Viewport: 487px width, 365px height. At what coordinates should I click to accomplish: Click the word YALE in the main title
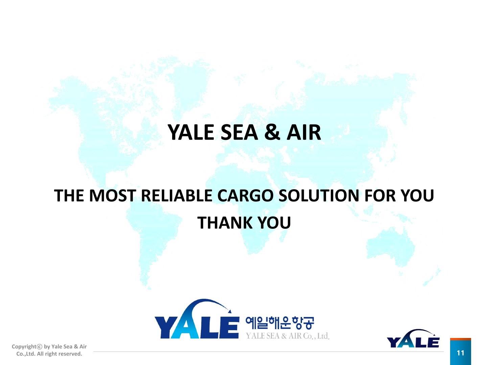point(191,132)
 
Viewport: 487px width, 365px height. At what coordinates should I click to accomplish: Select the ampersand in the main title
point(272,132)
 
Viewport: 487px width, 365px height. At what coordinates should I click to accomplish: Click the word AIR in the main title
point(304,132)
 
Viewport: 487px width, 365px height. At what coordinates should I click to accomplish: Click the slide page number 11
point(460,353)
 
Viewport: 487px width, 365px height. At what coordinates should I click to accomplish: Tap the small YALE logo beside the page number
point(413,339)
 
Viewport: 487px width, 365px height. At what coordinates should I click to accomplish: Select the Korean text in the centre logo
point(279,323)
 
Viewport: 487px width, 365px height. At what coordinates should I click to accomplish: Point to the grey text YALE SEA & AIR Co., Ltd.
point(287,336)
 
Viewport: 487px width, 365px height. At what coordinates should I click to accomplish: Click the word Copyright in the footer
point(24,346)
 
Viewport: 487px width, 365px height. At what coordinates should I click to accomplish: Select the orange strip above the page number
point(460,339)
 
